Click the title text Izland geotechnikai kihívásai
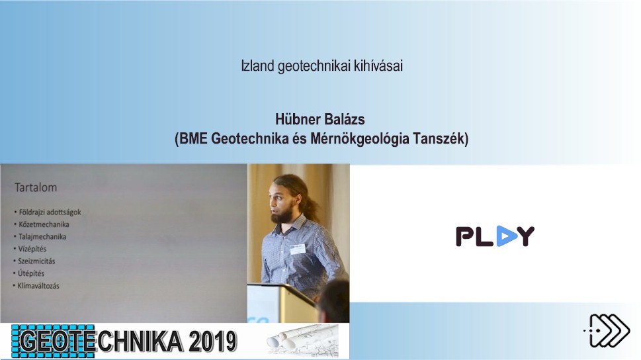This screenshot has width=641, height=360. pos(321,66)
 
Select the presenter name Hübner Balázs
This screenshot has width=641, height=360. pos(320,119)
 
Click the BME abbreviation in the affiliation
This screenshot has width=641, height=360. pos(193,138)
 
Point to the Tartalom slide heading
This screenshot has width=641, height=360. pos(36,187)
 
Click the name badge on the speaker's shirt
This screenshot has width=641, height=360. pos(298,248)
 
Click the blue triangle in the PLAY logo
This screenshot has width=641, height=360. pos(507,236)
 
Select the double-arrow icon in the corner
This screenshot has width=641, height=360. pos(607,330)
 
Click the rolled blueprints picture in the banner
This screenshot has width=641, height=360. pos(303,340)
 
